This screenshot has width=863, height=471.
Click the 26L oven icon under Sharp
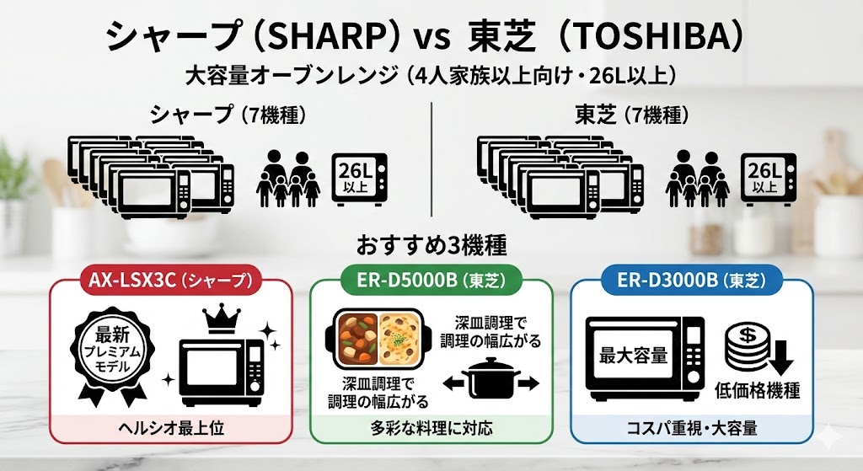(x=361, y=178)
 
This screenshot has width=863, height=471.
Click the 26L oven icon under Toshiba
(x=769, y=178)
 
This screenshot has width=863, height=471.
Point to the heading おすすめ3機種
(x=431, y=246)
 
